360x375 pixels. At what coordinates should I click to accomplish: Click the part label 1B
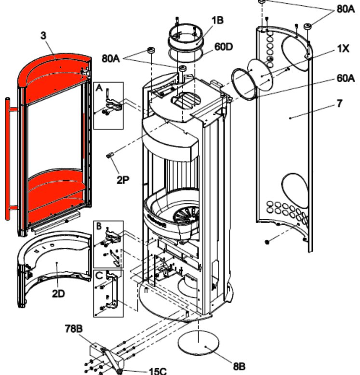pos(216,21)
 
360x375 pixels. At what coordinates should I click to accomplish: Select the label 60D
pos(224,47)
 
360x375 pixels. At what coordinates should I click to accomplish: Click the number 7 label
pos(340,103)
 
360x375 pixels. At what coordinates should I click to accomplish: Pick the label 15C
pos(157,371)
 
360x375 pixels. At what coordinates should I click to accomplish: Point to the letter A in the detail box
pos(100,88)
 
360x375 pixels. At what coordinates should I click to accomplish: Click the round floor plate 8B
pos(199,343)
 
